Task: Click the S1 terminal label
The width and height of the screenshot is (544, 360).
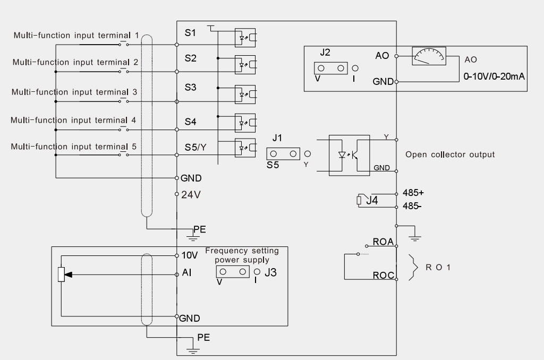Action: pyautogui.click(x=190, y=33)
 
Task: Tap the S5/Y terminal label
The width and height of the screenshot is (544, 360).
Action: pyautogui.click(x=195, y=148)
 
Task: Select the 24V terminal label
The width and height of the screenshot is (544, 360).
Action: pyautogui.click(x=191, y=195)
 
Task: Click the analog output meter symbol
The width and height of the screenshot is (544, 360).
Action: pyautogui.click(x=429, y=56)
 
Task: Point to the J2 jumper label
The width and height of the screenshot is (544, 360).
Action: pyautogui.click(x=325, y=53)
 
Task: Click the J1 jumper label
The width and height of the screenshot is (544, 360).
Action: pyautogui.click(x=277, y=138)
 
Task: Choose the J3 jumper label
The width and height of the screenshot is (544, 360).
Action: pyautogui.click(x=270, y=272)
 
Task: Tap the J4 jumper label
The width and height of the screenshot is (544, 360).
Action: pyautogui.click(x=372, y=201)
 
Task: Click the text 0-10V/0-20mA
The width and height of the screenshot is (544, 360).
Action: pyautogui.click(x=494, y=76)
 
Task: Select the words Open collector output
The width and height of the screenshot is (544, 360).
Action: pyautogui.click(x=450, y=155)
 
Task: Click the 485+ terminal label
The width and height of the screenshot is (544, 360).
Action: pyautogui.click(x=413, y=193)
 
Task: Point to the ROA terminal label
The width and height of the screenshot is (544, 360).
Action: pyautogui.click(x=383, y=242)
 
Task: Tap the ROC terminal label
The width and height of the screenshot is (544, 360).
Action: pyautogui.click(x=384, y=276)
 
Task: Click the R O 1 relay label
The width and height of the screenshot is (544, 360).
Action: pyautogui.click(x=438, y=268)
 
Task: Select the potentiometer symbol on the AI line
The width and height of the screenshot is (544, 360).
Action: pyautogui.click(x=62, y=275)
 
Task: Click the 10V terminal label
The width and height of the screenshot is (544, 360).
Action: pyautogui.click(x=190, y=255)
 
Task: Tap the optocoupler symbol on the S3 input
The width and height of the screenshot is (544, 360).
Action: pyautogui.click(x=245, y=95)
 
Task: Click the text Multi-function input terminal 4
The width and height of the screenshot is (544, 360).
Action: pyautogui.click(x=73, y=121)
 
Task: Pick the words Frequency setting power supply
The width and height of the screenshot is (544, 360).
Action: pyautogui.click(x=242, y=255)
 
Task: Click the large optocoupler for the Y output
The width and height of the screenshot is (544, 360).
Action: pyautogui.click(x=349, y=156)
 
